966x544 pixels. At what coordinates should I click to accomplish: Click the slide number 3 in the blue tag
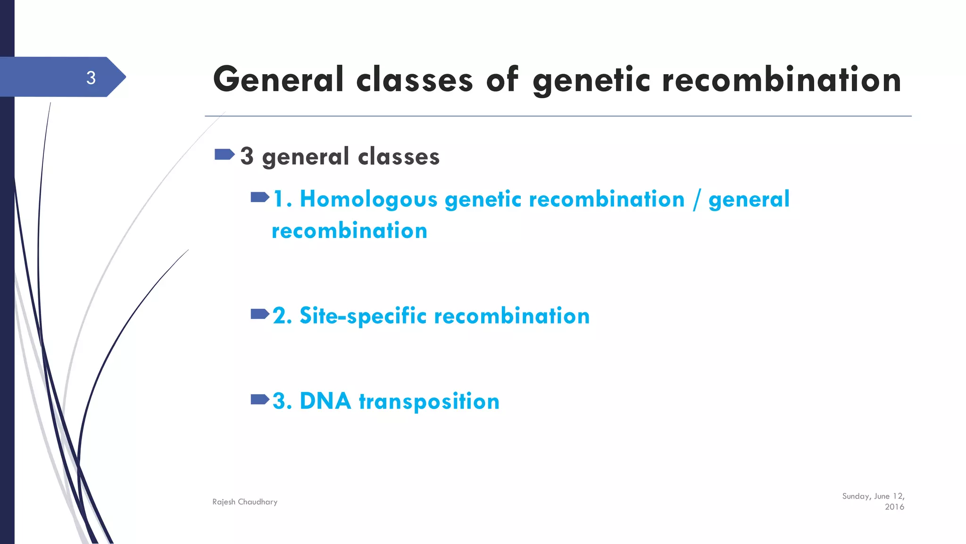(x=91, y=77)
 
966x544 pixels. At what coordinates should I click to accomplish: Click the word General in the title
(x=278, y=79)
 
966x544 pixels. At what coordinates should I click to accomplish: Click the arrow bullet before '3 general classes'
(x=225, y=154)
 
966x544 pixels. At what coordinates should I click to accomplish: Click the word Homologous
(x=368, y=199)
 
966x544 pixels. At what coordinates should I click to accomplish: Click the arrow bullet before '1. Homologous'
(x=260, y=197)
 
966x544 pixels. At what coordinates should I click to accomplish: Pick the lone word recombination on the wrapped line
(x=350, y=231)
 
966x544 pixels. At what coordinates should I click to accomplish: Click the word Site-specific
(x=363, y=316)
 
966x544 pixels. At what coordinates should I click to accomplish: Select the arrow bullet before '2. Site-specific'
(x=260, y=314)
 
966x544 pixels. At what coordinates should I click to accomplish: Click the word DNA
(x=325, y=401)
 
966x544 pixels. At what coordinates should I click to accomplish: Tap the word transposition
(x=429, y=402)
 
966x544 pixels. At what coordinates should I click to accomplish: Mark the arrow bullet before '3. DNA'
(x=260, y=400)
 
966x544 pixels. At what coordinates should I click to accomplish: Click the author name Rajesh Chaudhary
(x=245, y=502)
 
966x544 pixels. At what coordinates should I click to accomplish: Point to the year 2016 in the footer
(x=894, y=507)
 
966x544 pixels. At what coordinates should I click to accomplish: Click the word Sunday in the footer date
(x=856, y=496)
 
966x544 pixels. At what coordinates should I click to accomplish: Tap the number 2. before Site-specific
(x=282, y=316)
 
